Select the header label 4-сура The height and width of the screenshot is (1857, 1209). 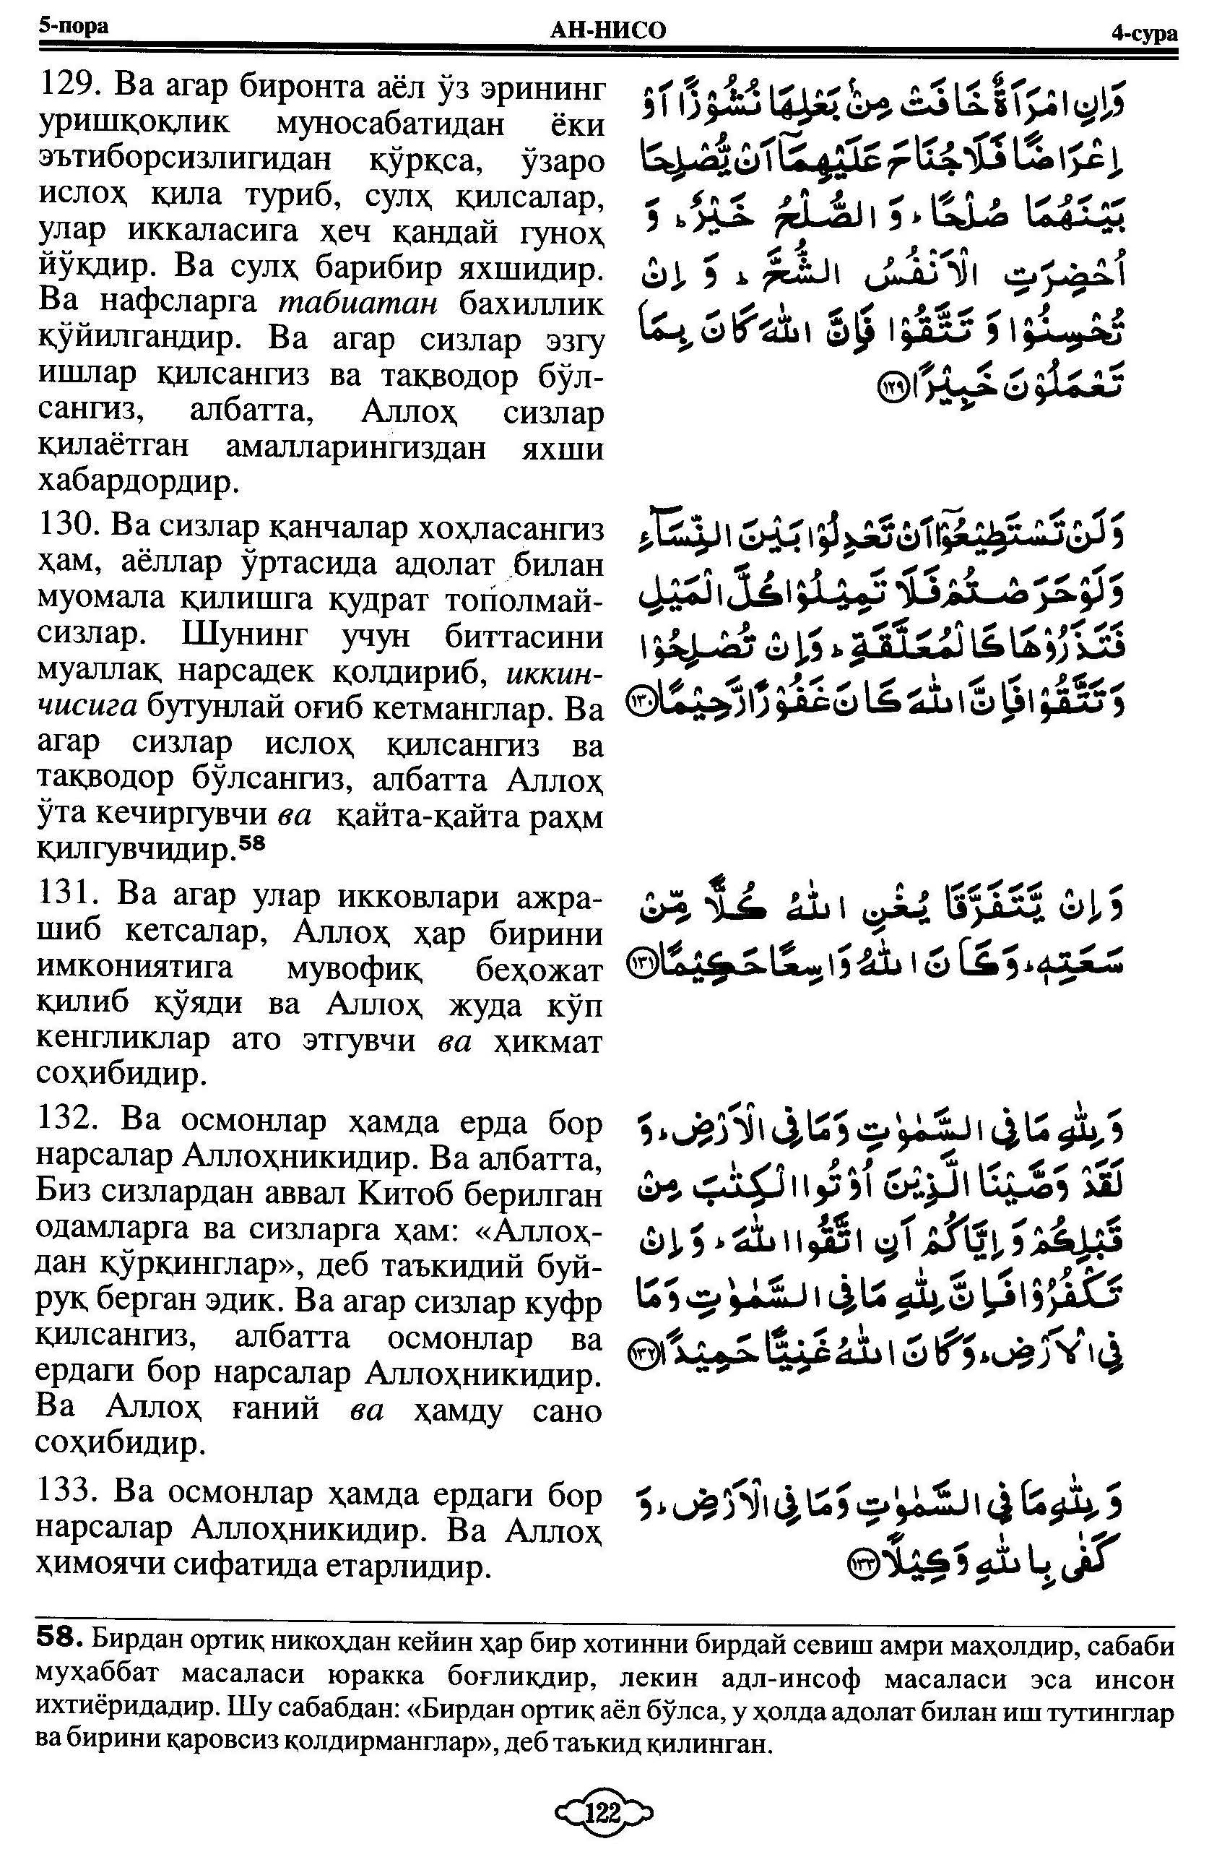coord(1144,33)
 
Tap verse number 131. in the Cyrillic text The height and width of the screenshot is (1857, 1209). coord(70,897)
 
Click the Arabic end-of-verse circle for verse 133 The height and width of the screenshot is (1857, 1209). coord(862,1561)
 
